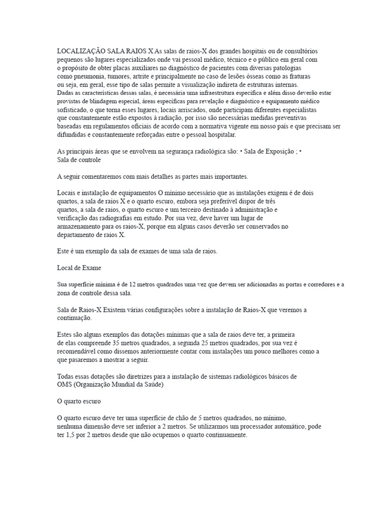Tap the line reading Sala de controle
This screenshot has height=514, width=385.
[x=79, y=160]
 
